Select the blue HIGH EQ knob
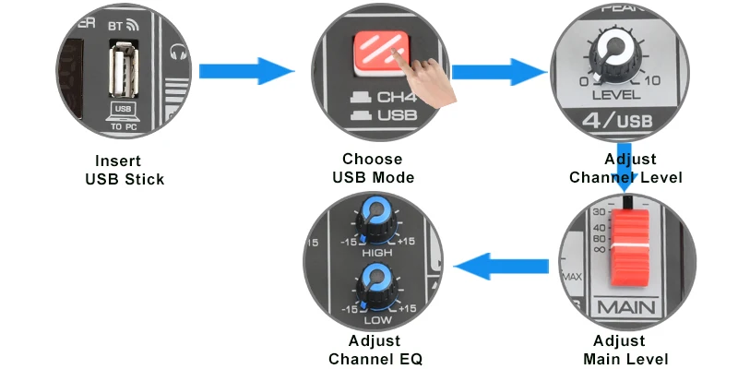377,215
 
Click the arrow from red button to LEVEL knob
498,71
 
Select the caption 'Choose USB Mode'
373,168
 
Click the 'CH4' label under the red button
397,96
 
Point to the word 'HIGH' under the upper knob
376,252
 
